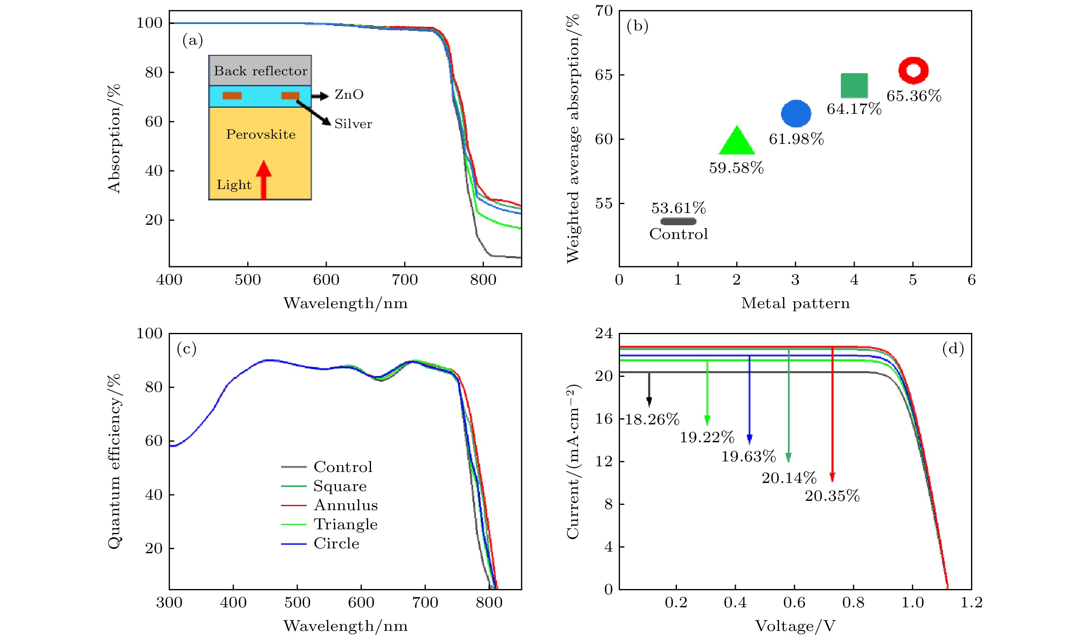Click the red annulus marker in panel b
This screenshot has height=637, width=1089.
[913, 70]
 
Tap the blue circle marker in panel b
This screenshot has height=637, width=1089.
[796, 113]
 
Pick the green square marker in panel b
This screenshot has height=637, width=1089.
[854, 85]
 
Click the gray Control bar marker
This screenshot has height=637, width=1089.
[679, 222]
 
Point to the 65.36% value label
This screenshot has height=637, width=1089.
[914, 96]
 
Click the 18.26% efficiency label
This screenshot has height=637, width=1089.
[652, 420]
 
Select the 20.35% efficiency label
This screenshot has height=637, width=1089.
[832, 496]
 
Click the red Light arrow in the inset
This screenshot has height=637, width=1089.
[263, 179]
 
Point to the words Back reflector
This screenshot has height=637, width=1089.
[261, 71]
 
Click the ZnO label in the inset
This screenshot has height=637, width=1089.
[349, 95]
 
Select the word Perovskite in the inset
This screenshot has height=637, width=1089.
[261, 134]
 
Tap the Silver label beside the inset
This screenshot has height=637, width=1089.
[353, 124]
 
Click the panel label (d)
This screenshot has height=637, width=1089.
[953, 348]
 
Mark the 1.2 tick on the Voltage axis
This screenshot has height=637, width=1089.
[971, 602]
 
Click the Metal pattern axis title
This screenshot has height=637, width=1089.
[796, 303]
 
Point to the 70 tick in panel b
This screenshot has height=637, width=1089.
[604, 11]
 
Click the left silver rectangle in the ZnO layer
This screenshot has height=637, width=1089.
[232, 96]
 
